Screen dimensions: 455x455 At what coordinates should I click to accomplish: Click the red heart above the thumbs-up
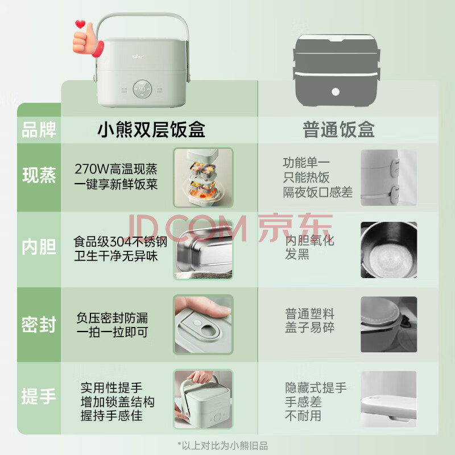tap(80, 24)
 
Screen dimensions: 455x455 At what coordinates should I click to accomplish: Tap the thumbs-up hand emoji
tap(88, 40)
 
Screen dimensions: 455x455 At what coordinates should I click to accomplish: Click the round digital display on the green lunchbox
tap(142, 89)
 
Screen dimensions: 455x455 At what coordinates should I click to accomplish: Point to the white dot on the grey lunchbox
tap(336, 92)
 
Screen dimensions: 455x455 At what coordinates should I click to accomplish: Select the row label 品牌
tap(39, 130)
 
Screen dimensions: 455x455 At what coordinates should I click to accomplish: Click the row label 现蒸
tap(39, 175)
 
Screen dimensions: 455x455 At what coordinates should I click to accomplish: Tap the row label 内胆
tap(39, 247)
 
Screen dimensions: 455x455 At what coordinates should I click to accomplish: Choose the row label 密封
tap(39, 324)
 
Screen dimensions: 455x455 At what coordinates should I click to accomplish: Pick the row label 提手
tap(39, 396)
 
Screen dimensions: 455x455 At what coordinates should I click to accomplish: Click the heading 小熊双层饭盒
tap(151, 130)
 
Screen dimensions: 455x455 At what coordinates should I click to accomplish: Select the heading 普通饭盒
tap(338, 130)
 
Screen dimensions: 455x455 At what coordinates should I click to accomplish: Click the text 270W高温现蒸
tap(116, 169)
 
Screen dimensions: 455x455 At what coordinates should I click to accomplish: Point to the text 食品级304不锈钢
tap(120, 241)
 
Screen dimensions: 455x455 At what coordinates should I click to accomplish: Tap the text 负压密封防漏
tap(112, 318)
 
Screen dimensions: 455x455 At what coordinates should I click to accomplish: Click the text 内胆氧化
tap(309, 240)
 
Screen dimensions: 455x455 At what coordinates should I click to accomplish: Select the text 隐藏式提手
tap(316, 387)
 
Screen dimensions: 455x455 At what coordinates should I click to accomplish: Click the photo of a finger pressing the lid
tap(203, 324)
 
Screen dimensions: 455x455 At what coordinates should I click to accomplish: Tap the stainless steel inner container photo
tap(203, 250)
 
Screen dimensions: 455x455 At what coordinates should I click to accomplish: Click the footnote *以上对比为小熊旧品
tap(222, 445)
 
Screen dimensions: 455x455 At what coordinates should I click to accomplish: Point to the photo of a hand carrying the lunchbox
tap(203, 399)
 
